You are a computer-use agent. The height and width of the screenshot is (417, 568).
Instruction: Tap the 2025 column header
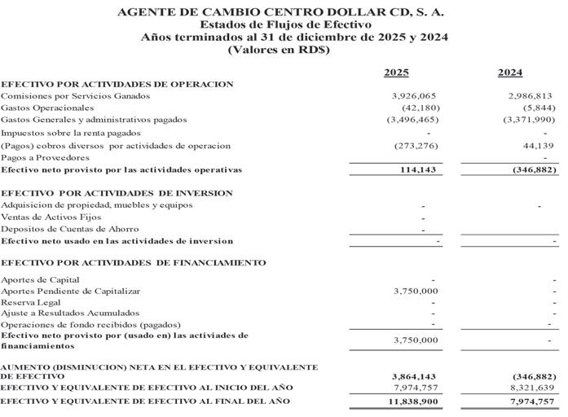(x=396, y=72)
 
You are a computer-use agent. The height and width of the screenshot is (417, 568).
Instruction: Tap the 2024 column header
(x=510, y=72)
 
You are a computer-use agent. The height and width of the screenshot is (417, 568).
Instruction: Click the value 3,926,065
(x=415, y=95)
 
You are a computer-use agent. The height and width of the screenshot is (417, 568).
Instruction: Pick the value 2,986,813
(x=530, y=95)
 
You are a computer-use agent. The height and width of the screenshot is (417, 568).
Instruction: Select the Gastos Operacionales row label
(x=47, y=108)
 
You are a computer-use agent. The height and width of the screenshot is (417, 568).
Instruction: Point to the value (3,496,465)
(x=412, y=120)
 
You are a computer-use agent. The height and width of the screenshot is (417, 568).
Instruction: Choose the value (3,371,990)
(x=529, y=120)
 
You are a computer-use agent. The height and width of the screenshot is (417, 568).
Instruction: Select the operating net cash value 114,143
(x=420, y=169)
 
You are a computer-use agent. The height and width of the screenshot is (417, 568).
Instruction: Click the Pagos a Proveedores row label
(x=45, y=157)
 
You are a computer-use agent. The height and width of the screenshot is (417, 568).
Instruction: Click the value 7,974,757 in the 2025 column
(x=415, y=388)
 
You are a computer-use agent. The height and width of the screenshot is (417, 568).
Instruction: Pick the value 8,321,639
(x=530, y=388)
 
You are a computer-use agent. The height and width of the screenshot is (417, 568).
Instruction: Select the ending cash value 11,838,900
(x=413, y=402)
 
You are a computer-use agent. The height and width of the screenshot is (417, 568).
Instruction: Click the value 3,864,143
(x=415, y=377)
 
